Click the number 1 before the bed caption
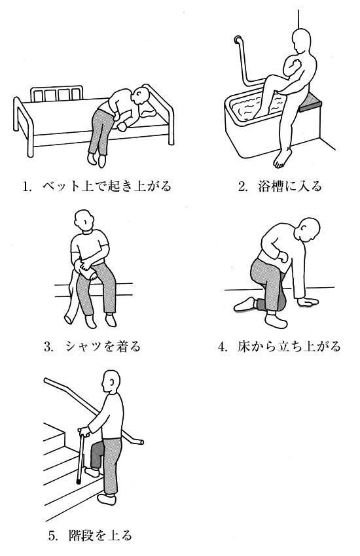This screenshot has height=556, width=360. click(25, 186)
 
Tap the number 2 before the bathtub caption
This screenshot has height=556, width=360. click(242, 186)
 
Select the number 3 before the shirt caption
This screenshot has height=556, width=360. click(48, 347)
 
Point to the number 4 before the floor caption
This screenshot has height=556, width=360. click(222, 347)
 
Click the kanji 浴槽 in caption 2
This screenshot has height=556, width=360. click(270, 186)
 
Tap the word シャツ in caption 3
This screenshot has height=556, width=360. click(83, 347)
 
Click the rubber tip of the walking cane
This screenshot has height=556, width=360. click(78, 482)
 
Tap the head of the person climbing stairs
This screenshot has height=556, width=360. click(111, 381)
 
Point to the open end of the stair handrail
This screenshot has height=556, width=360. click(141, 442)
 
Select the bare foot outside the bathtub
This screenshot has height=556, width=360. click(282, 158)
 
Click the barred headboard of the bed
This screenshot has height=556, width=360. click(57, 94)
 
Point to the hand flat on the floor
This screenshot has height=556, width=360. click(307, 302)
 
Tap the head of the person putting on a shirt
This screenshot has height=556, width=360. click(84, 220)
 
